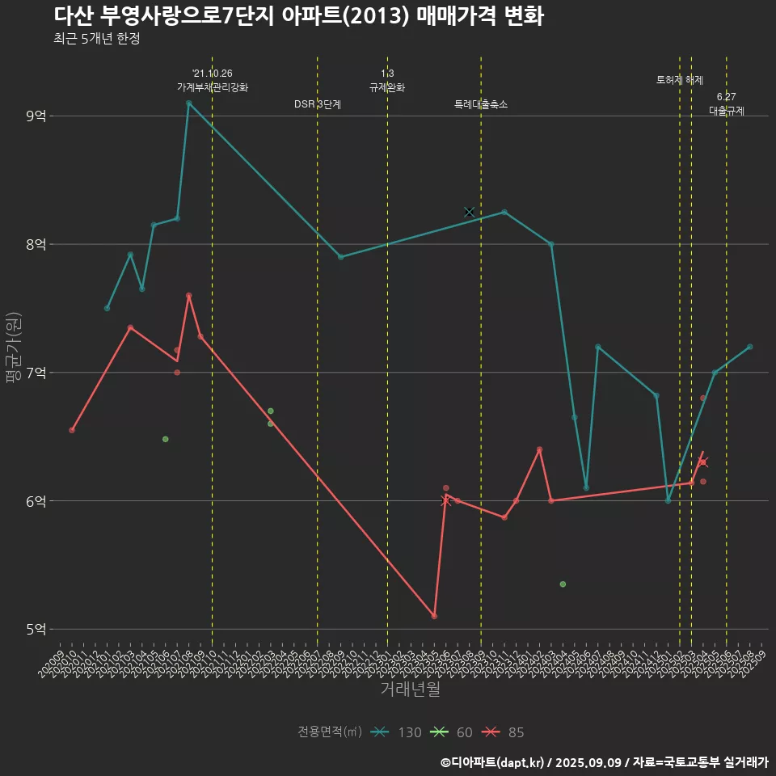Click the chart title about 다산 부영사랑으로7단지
(299, 16)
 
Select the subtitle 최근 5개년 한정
(97, 39)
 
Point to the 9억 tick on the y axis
(36, 116)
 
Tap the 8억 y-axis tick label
(36, 244)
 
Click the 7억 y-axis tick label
(36, 373)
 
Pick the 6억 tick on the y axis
(36, 501)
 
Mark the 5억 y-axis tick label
(36, 629)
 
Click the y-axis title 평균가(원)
(14, 348)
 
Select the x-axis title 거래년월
(411, 690)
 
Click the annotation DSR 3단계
(318, 104)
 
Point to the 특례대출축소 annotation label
(481, 104)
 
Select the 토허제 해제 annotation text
(680, 80)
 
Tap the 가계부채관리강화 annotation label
(213, 86)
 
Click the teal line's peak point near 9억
(188, 103)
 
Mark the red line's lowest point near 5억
(434, 616)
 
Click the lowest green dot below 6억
(563, 584)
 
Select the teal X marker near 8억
(470, 212)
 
